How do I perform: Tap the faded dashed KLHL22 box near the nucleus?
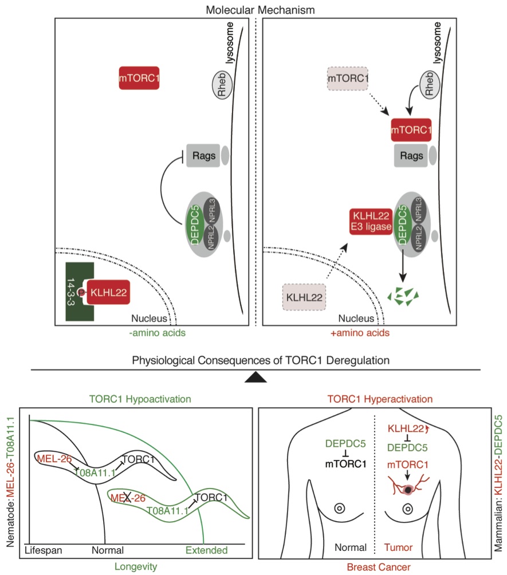(304, 298)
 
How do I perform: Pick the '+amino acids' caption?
(366, 333)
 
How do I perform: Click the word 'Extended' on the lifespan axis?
(206, 550)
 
